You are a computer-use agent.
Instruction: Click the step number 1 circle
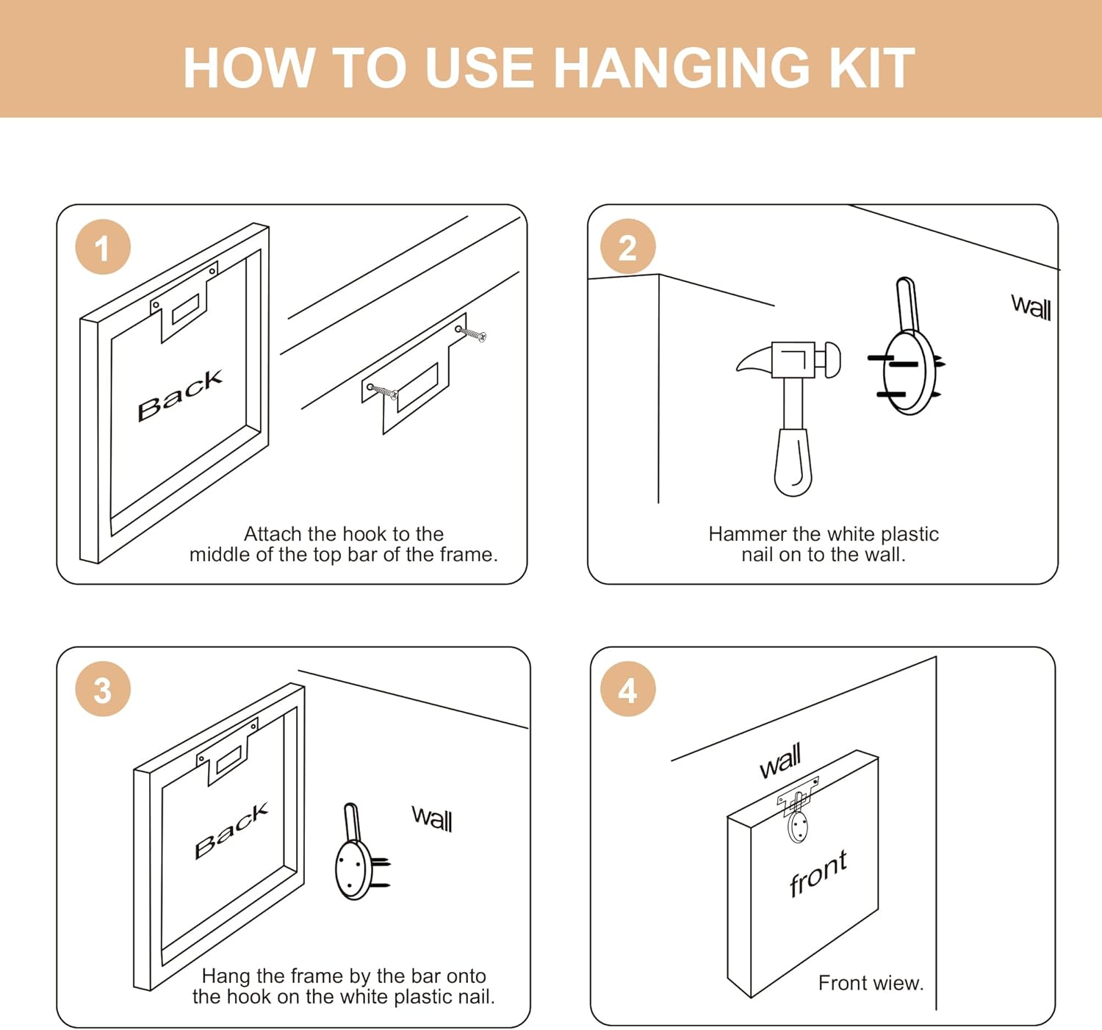pyautogui.click(x=103, y=247)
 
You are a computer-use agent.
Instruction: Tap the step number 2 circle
pyautogui.click(x=627, y=246)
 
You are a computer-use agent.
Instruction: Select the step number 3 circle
pyautogui.click(x=103, y=688)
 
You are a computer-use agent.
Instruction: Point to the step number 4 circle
pyautogui.click(x=627, y=688)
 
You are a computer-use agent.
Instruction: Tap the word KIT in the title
pyautogui.click(x=872, y=68)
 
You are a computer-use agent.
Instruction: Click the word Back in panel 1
pyautogui.click(x=180, y=395)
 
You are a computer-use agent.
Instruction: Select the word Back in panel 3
pyautogui.click(x=231, y=830)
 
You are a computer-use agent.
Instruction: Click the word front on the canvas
pyautogui.click(x=818, y=873)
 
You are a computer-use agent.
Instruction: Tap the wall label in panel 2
pyautogui.click(x=1031, y=307)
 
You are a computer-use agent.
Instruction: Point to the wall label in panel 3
pyautogui.click(x=432, y=818)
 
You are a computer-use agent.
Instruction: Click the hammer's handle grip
pyautogui.click(x=793, y=462)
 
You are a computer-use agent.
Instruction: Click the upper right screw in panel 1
pyautogui.click(x=471, y=334)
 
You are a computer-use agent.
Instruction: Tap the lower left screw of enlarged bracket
pyautogui.click(x=382, y=391)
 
